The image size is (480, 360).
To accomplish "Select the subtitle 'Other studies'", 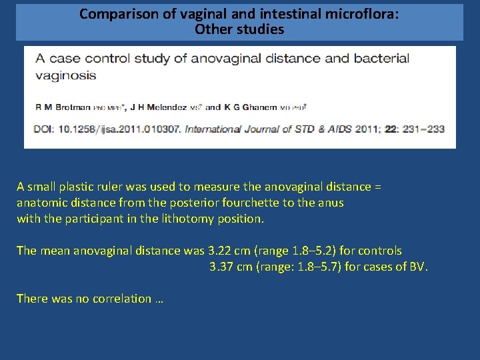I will coord(239,29).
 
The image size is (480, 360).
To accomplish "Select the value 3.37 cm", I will coord(231,267).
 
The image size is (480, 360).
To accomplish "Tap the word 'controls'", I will coord(379,251).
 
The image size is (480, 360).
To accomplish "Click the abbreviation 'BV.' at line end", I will coord(419,267).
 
